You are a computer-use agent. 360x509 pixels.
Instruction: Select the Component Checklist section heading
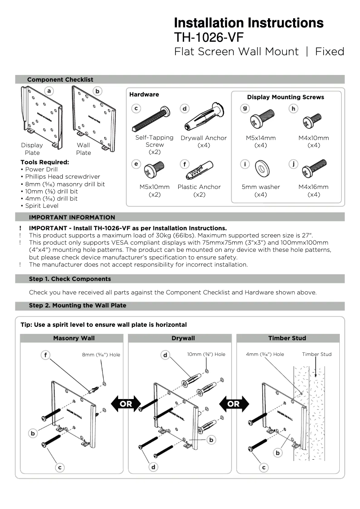pos(60,79)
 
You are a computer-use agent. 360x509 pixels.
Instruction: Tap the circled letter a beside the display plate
pos(49,91)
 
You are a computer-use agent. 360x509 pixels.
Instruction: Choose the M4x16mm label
pos(313,187)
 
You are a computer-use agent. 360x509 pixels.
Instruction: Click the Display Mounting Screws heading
pos(285,97)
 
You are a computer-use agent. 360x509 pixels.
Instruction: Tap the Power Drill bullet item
pos(41,170)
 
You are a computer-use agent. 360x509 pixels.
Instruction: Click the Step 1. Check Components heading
pos(70,279)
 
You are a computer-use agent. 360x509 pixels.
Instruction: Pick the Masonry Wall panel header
pos(74,338)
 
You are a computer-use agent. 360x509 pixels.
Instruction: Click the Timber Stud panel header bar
pos(287,338)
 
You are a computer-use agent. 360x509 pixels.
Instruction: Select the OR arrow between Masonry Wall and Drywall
pos(126,404)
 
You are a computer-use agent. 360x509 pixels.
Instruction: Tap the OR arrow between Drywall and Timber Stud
pos(233,404)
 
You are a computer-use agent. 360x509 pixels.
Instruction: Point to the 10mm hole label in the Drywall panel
pos(206,355)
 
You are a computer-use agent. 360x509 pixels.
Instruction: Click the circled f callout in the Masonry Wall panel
pos(45,355)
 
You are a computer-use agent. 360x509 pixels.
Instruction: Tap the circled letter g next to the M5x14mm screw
pos(245,109)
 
